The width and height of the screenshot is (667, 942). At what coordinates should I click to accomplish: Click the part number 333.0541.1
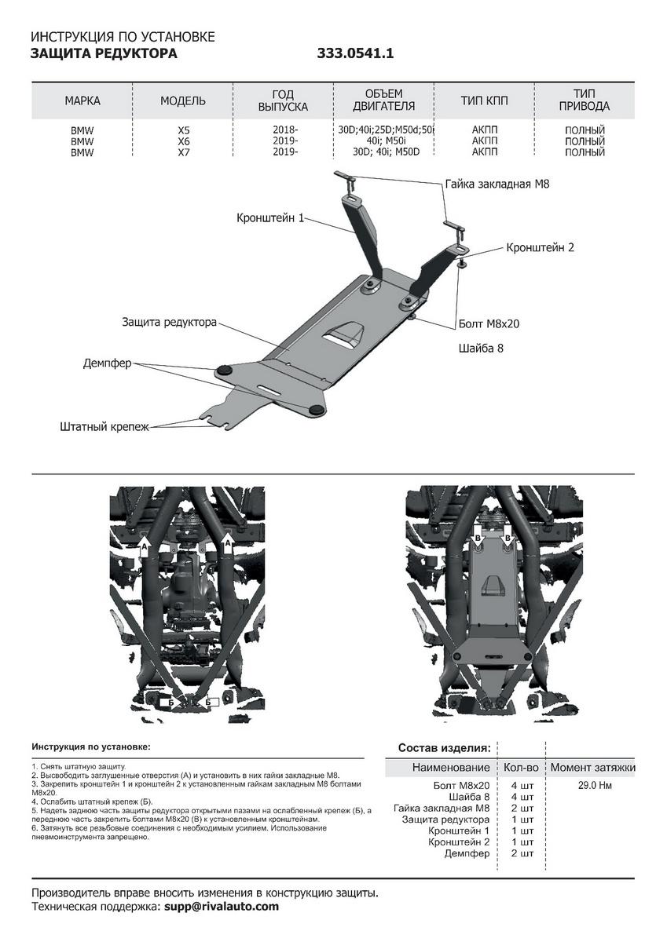coord(355,54)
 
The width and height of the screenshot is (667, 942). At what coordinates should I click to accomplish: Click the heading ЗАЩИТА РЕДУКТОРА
coord(104,54)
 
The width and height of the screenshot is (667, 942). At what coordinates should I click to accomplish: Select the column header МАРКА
coord(82,100)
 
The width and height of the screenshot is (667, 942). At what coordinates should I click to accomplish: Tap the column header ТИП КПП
coord(484,100)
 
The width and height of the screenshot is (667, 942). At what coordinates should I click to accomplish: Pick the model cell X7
coord(184,152)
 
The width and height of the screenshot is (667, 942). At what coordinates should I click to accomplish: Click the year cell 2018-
coord(284,130)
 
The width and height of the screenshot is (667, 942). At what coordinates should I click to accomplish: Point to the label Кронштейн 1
coord(269,218)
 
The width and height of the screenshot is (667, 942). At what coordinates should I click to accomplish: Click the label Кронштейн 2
coord(541,247)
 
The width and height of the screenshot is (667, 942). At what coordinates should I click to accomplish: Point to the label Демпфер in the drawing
coord(108,363)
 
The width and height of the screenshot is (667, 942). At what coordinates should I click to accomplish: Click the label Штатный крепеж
coord(104,427)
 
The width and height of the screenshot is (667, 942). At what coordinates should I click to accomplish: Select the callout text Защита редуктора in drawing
coord(169,323)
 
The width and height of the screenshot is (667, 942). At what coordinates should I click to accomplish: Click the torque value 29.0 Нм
coord(592,784)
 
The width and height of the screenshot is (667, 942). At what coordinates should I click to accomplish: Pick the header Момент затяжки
coord(592,767)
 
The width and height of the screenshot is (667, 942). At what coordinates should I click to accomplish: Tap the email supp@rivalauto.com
coord(222,907)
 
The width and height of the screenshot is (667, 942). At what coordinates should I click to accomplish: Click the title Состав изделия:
coord(445,747)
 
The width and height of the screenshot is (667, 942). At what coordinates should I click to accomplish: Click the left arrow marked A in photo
coord(144,546)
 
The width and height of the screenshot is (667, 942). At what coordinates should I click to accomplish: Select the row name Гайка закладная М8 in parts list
coord(442,807)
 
